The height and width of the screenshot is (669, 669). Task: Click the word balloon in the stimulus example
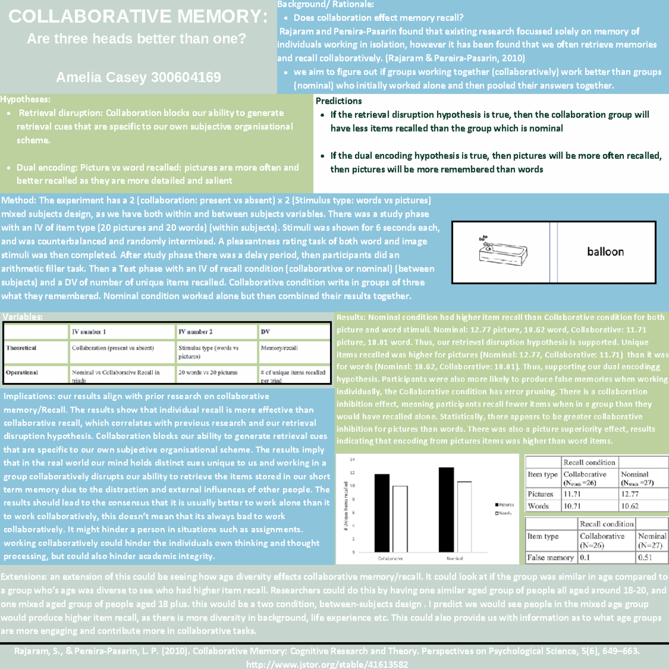pos(605,252)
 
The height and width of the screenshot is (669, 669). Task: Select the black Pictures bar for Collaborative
pos(382,513)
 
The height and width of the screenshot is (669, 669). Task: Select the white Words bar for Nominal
pos(464,516)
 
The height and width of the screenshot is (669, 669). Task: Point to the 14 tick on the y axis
pos(352,459)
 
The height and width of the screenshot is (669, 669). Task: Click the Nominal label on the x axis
pos(454,558)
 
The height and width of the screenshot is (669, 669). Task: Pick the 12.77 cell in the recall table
pos(630,494)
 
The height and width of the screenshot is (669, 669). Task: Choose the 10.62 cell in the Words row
pos(630,506)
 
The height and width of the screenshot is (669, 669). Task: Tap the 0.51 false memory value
pos(645,557)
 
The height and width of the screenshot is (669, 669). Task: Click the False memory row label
pos(550,557)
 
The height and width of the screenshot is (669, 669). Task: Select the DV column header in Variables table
pos(265,332)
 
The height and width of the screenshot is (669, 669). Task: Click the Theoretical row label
pos(21,348)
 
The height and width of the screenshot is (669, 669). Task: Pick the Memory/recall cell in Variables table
pos(279,348)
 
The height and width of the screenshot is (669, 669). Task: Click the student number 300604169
pos(186,77)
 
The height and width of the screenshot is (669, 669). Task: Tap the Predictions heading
pos(338,101)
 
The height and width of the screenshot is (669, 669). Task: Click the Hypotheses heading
pos(25,99)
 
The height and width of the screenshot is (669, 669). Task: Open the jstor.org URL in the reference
pos(327,665)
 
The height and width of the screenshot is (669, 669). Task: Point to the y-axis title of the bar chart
pos(346,505)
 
